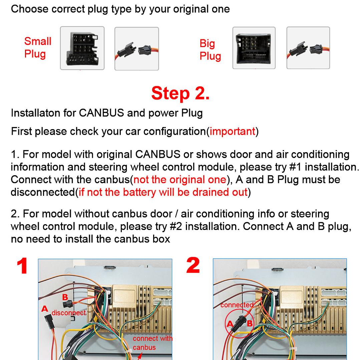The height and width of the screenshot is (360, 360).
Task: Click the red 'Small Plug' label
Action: (x=38, y=47)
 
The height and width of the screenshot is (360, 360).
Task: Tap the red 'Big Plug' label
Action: (x=210, y=50)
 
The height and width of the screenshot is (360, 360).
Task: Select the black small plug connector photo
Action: (x=82, y=48)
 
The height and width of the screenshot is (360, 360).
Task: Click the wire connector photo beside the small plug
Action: (x=136, y=48)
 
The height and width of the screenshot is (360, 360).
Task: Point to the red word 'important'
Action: (x=233, y=131)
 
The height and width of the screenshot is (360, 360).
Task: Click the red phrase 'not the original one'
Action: (x=179, y=179)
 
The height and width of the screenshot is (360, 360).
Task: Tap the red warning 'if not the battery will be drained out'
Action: (x=163, y=192)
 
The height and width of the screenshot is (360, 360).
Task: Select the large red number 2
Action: (x=193, y=266)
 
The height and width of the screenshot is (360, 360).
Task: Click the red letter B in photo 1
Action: (x=65, y=297)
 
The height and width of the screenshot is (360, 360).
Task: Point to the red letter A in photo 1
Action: (x=45, y=309)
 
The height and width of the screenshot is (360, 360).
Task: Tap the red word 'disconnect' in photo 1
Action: (x=69, y=313)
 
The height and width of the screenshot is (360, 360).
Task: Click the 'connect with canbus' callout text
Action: (x=152, y=343)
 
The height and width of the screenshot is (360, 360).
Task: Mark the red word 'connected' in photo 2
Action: (x=237, y=305)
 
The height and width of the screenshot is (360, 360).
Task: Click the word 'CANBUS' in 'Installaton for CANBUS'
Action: (x=101, y=113)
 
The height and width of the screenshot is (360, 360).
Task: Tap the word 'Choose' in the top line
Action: (x=30, y=9)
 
